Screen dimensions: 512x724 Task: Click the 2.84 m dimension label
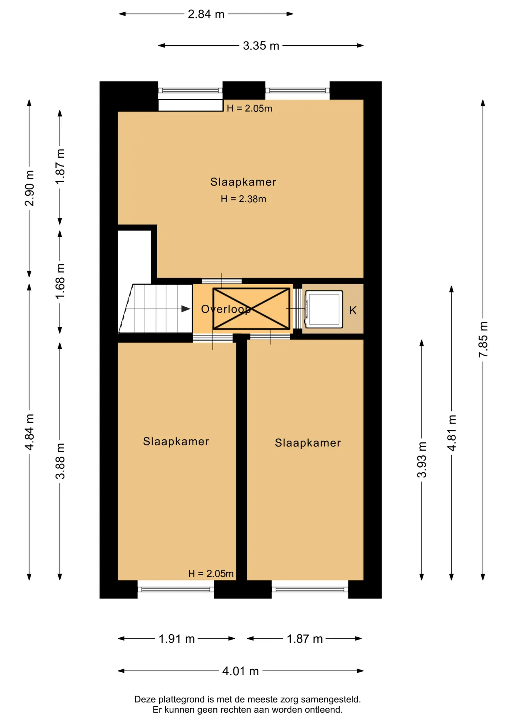[x=206, y=14]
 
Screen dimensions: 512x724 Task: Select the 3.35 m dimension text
[x=261, y=46]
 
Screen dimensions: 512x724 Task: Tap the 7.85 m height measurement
[x=483, y=339]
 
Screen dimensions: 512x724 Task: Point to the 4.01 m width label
[x=241, y=671]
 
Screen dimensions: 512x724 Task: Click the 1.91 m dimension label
[x=176, y=639]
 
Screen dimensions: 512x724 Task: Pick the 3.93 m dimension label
[x=422, y=460]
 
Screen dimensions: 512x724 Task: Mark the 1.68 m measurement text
[x=60, y=281]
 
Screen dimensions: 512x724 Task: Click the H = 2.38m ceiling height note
[x=244, y=199]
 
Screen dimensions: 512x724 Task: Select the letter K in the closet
[x=353, y=310]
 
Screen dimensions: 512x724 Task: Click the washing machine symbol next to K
[x=324, y=309]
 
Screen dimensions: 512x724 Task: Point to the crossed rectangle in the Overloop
[x=251, y=309]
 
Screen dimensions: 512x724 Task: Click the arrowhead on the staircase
[x=186, y=309]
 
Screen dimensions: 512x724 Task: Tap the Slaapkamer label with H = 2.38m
[x=243, y=182]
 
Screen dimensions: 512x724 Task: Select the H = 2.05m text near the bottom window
[x=211, y=574]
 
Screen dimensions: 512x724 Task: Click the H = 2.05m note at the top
[x=249, y=109]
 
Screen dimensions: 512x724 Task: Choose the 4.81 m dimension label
[x=452, y=433]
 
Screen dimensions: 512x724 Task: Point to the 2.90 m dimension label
[x=29, y=188]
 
